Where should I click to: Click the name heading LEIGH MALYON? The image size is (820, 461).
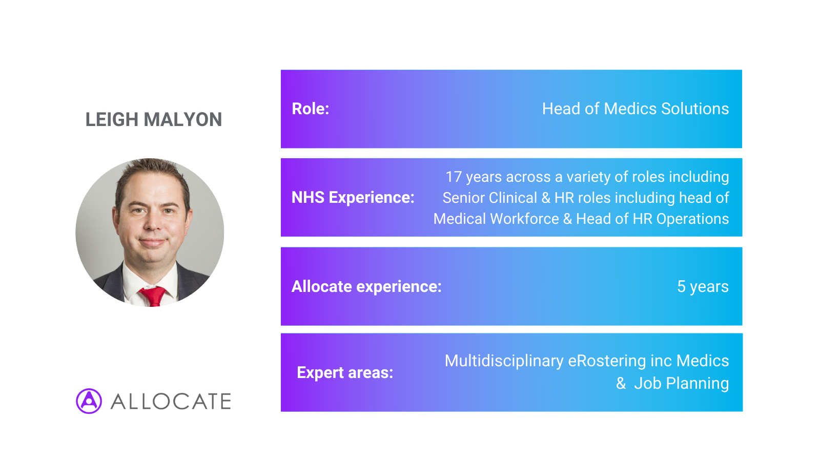(154, 120)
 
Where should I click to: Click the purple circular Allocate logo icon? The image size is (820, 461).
(89, 401)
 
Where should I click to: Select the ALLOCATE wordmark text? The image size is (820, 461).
(171, 402)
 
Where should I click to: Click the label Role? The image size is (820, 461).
(311, 109)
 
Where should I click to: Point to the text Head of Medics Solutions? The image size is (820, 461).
(635, 109)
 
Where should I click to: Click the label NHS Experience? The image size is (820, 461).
(353, 198)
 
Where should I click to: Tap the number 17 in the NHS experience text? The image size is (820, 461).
(454, 177)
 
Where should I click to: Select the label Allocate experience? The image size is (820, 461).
(366, 286)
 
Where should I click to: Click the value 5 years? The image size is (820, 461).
(703, 286)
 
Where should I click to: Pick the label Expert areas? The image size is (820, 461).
(345, 372)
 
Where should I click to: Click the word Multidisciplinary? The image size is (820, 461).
(504, 361)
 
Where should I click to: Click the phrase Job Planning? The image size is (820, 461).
(681, 384)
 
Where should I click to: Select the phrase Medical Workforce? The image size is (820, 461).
(496, 219)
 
